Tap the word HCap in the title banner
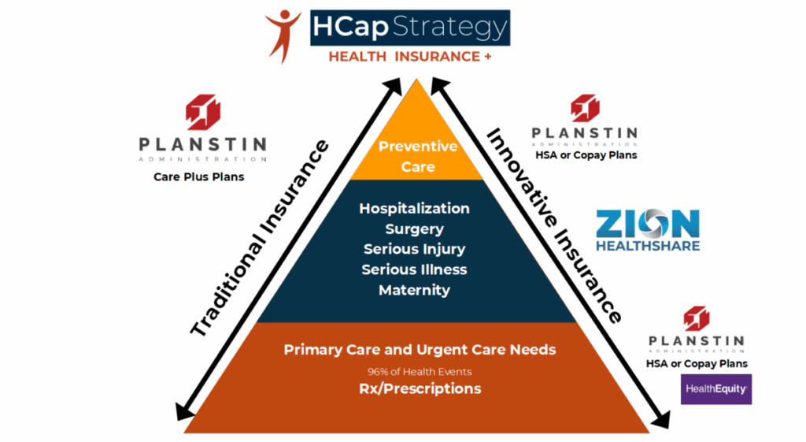[350, 27]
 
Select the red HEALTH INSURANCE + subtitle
[410, 57]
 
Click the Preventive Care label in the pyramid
[418, 157]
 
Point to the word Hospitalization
[414, 208]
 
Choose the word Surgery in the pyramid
[414, 229]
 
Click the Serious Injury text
[414, 249]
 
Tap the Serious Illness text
[414, 269]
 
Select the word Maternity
[414, 290]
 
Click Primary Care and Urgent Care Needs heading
[420, 350]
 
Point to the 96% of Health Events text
[420, 372]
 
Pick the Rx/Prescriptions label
[420, 388]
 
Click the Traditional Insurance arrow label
[260, 238]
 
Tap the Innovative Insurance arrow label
[554, 225]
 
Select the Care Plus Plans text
[199, 177]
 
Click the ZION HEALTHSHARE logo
[648, 230]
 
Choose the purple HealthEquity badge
[716, 389]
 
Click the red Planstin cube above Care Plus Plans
[203, 112]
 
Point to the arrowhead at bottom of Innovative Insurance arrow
[662, 419]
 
